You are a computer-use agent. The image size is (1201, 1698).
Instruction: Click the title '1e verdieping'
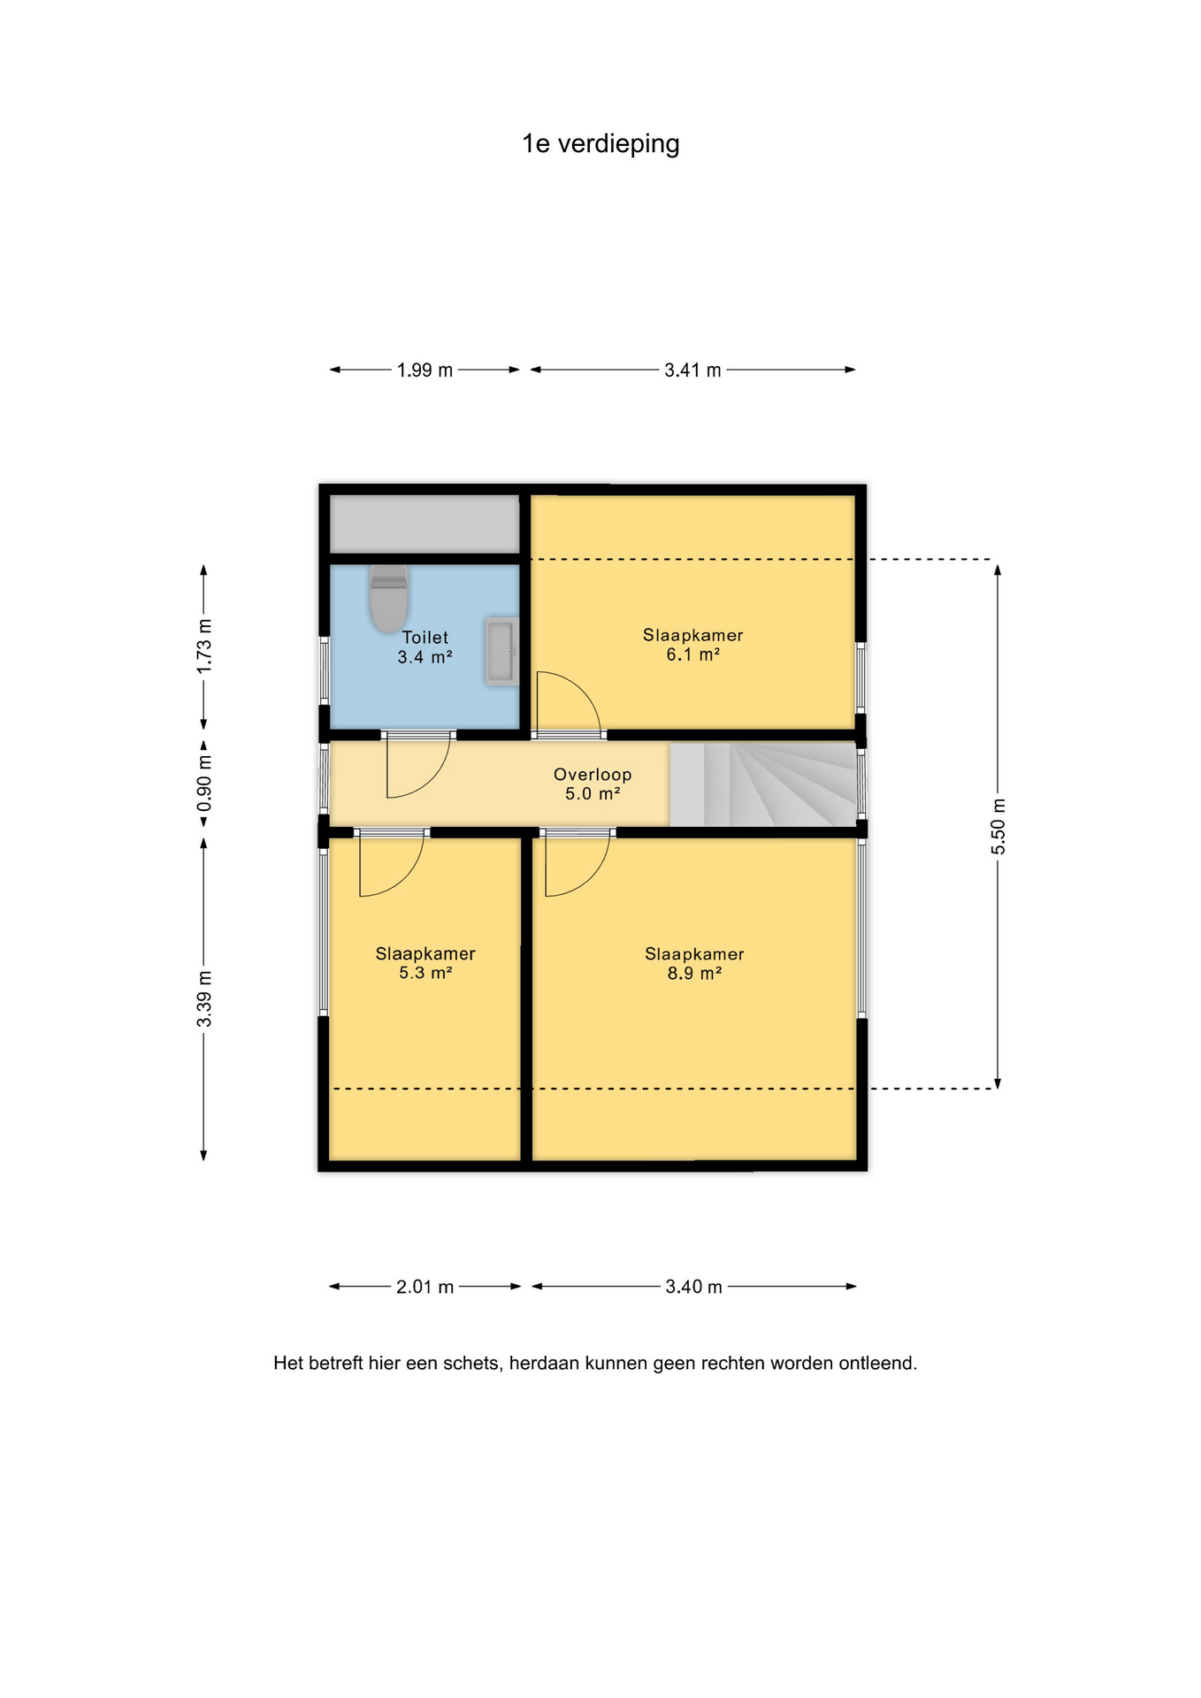click(600, 144)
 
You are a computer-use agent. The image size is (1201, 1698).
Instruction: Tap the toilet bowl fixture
click(389, 599)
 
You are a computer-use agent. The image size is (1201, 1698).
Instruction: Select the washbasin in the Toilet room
click(501, 652)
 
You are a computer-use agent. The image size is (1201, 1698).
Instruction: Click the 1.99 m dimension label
click(425, 371)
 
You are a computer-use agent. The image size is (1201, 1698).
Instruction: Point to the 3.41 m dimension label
click(692, 371)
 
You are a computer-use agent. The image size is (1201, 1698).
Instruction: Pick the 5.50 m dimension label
click(998, 826)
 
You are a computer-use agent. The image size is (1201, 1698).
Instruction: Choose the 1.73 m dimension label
click(204, 646)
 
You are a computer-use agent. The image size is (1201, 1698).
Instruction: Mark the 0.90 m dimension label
click(204, 784)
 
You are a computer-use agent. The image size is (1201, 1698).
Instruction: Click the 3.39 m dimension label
click(204, 998)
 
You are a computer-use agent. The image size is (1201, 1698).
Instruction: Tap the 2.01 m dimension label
click(425, 1287)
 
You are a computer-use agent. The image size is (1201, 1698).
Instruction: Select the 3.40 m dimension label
click(693, 1287)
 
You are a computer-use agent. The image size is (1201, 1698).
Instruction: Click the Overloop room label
click(593, 775)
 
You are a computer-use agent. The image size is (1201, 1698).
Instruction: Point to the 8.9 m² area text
click(694, 974)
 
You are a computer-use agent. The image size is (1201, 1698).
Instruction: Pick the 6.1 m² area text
click(692, 655)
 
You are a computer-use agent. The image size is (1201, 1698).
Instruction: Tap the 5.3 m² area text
click(425, 973)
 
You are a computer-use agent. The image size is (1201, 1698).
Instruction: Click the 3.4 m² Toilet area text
click(425, 657)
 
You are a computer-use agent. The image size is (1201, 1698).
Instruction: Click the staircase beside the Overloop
click(762, 784)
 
